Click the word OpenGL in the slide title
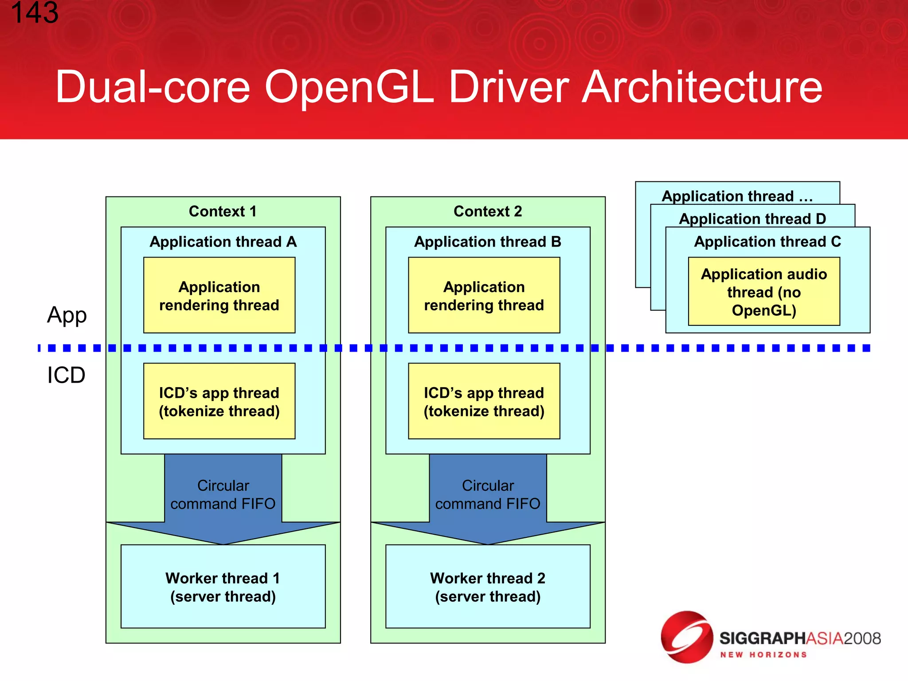pos(349,87)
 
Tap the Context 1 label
pos(223,211)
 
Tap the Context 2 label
pos(488,211)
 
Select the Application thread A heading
pos(223,242)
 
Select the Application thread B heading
pos(488,242)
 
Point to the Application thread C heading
pos(767,242)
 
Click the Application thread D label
pos(752,219)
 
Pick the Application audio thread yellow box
pos(764,292)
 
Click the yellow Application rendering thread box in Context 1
pos(219,295)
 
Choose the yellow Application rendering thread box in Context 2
pos(484,295)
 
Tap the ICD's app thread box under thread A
pos(219,401)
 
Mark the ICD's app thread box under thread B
pos(484,401)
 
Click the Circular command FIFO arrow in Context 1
pos(223,495)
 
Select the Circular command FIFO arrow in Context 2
pos(488,495)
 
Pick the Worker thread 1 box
pos(223,587)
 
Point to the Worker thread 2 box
pos(488,587)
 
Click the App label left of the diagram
pos(67,315)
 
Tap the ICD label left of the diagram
pos(67,375)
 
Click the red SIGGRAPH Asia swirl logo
pos(686,637)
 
